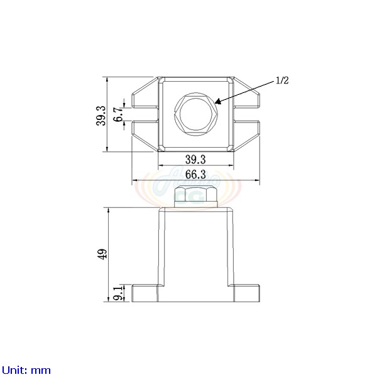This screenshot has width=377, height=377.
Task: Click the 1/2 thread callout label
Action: (282, 80)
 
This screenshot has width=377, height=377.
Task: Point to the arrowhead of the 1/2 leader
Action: (216, 102)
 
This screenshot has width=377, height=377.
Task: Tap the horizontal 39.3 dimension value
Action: (195, 160)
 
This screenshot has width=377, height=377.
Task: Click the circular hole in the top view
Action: (195, 114)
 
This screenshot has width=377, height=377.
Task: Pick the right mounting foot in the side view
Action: (246, 293)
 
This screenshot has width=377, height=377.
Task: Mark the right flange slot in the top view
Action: (246, 114)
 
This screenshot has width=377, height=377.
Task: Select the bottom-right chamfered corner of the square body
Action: (230, 148)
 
